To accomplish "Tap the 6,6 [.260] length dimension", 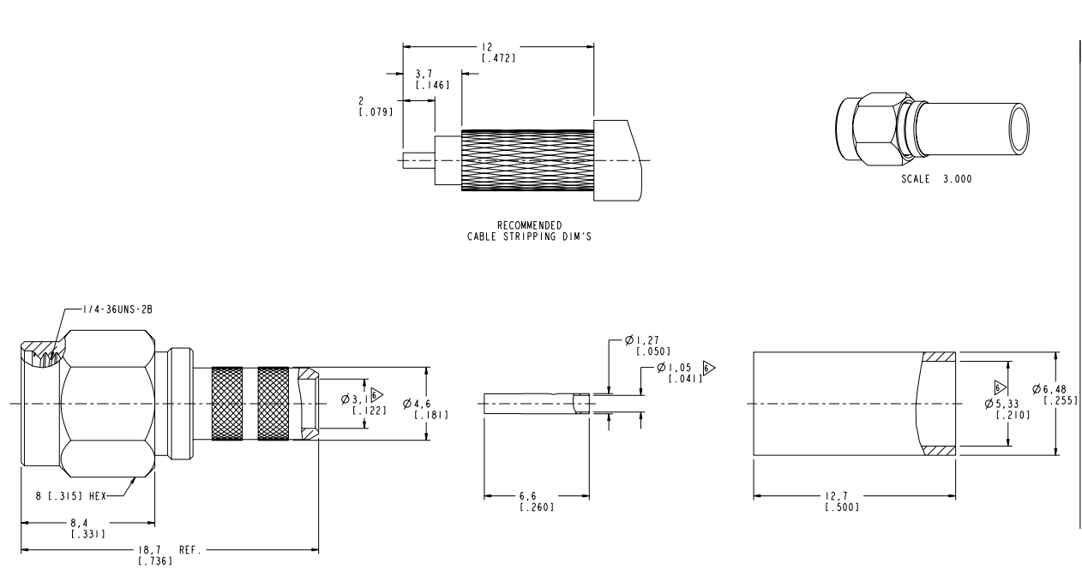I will click(537, 501).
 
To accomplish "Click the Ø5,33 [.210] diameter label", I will click(1004, 408).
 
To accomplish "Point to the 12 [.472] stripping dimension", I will click(498, 53).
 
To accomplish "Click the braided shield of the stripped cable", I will click(526, 159).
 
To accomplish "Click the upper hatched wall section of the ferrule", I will click(939, 357).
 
